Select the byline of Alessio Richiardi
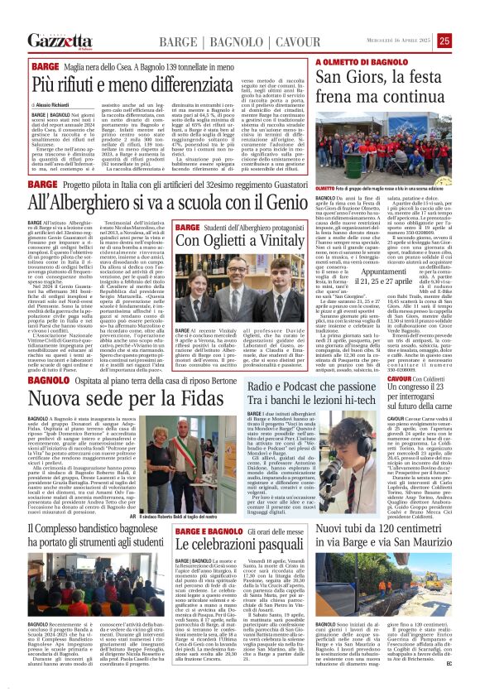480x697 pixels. tap(55, 108)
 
